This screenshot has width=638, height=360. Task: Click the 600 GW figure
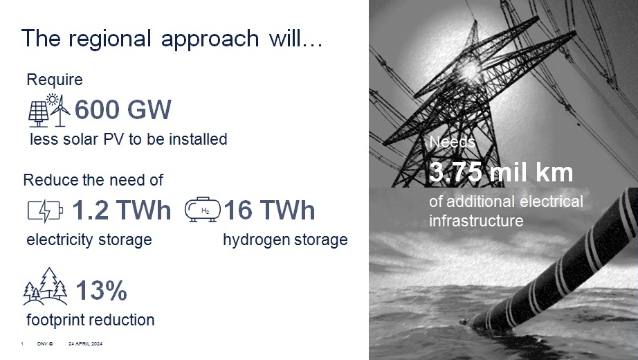pos(123,109)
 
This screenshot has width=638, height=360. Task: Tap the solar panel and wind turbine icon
pos(49,110)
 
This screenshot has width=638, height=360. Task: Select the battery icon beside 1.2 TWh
pos(45,210)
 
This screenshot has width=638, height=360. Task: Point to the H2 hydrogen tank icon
pos(203,210)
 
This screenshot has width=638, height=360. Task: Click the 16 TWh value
pos(269,210)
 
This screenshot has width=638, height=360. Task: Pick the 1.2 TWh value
pos(121,210)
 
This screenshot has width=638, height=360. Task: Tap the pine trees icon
pos(45,287)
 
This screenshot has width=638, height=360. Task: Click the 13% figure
pos(101,290)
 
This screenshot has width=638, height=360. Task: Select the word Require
pos(55,80)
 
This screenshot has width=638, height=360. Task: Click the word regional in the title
pos(110,39)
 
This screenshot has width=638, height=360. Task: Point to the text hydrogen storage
pos(285,240)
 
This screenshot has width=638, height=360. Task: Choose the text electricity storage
pos(89,240)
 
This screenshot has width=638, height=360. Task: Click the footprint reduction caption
pos(91,320)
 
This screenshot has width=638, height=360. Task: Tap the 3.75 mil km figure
pos(501,172)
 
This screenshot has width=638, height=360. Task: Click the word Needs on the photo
pos(452,142)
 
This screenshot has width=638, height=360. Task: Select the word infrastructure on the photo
pos(476,220)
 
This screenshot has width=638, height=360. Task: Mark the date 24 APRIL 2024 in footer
pos(85,343)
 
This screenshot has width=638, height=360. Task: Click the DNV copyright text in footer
pos(45,343)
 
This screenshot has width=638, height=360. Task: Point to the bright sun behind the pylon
pos(470,70)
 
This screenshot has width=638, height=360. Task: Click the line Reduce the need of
pos(93,180)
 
